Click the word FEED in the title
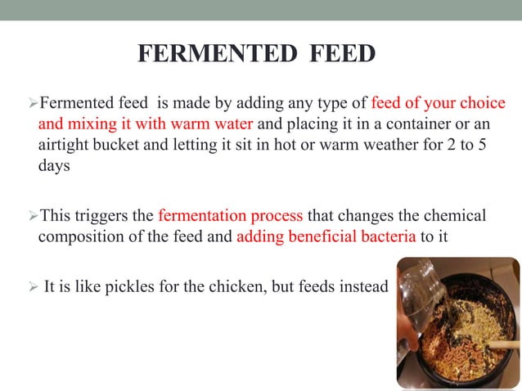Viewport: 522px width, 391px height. [x=344, y=54]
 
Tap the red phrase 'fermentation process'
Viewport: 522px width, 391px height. [x=230, y=217]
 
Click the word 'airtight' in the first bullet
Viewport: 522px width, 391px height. [x=63, y=146]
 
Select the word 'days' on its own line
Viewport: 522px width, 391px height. [x=53, y=166]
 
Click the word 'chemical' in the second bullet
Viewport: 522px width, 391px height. [x=455, y=217]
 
